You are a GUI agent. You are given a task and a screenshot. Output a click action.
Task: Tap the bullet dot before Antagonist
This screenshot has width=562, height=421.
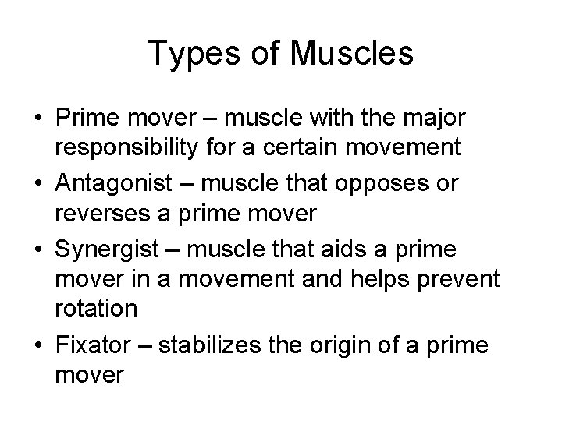tap(38, 183)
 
